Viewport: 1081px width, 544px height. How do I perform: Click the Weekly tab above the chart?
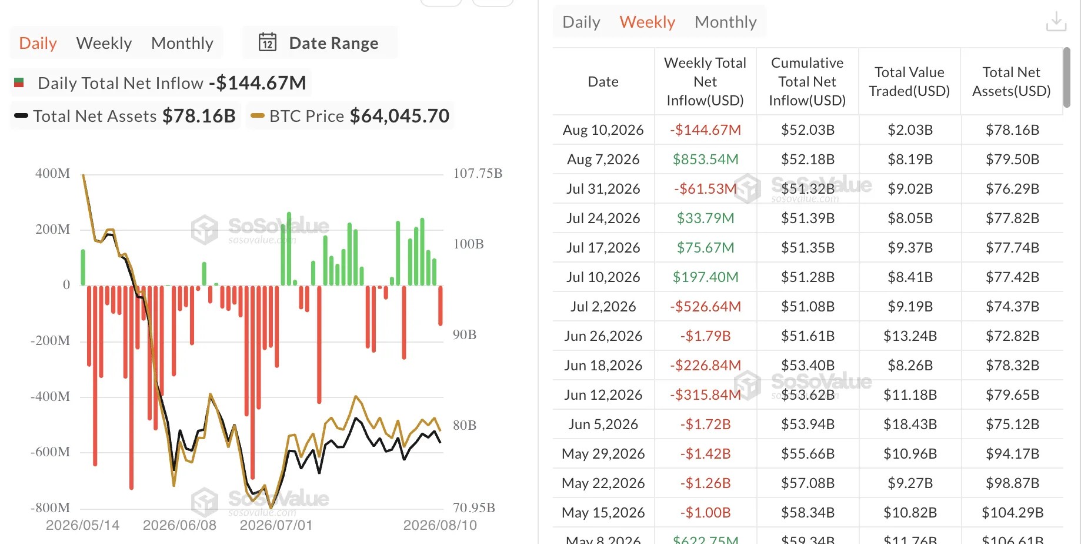coord(104,43)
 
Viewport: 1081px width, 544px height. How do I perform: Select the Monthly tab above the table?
coord(725,22)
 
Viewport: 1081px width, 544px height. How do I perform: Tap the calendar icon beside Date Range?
coord(268,42)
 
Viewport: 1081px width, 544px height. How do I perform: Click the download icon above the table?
coord(1056,22)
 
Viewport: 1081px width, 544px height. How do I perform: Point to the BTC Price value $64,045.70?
coord(399,116)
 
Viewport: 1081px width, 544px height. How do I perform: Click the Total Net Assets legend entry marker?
coord(21,116)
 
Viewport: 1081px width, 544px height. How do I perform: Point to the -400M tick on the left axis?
coord(50,396)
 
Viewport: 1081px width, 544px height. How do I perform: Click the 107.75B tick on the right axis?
coord(478,173)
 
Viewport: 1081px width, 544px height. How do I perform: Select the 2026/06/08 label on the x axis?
coord(179,525)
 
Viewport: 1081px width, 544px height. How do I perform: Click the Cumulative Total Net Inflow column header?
coord(807,81)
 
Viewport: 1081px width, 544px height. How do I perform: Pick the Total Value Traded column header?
coord(909,81)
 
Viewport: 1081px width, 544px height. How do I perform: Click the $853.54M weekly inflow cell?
coord(705,159)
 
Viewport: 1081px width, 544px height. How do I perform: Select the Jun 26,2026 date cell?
coord(603,336)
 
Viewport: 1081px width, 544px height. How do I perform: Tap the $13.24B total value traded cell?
coord(910,336)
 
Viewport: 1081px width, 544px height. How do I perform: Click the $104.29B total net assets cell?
coord(1012,512)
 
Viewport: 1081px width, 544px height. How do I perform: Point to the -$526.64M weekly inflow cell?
coord(705,306)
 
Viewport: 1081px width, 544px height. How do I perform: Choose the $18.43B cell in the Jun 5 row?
coord(910,424)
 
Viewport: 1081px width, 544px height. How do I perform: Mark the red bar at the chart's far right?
coord(441,306)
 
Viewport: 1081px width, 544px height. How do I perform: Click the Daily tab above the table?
coord(581,22)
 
